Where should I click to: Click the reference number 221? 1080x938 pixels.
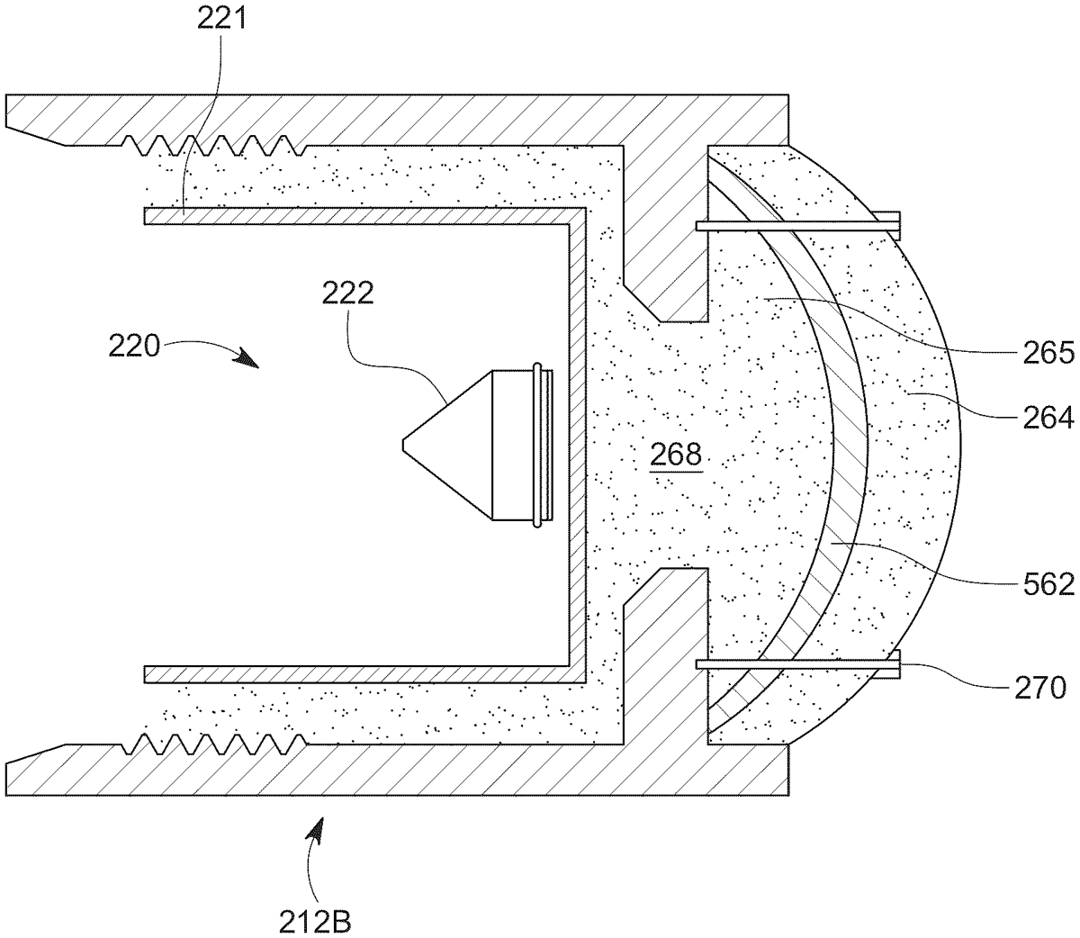click(222, 20)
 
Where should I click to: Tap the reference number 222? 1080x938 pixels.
click(348, 293)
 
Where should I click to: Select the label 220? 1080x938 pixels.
click(134, 347)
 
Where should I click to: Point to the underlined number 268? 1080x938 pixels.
click(676, 454)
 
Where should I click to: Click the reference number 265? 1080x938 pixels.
click(1048, 353)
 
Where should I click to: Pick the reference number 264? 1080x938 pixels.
click(1048, 418)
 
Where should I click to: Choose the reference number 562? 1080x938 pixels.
click(1048, 584)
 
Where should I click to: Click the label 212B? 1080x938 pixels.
click(315, 922)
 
